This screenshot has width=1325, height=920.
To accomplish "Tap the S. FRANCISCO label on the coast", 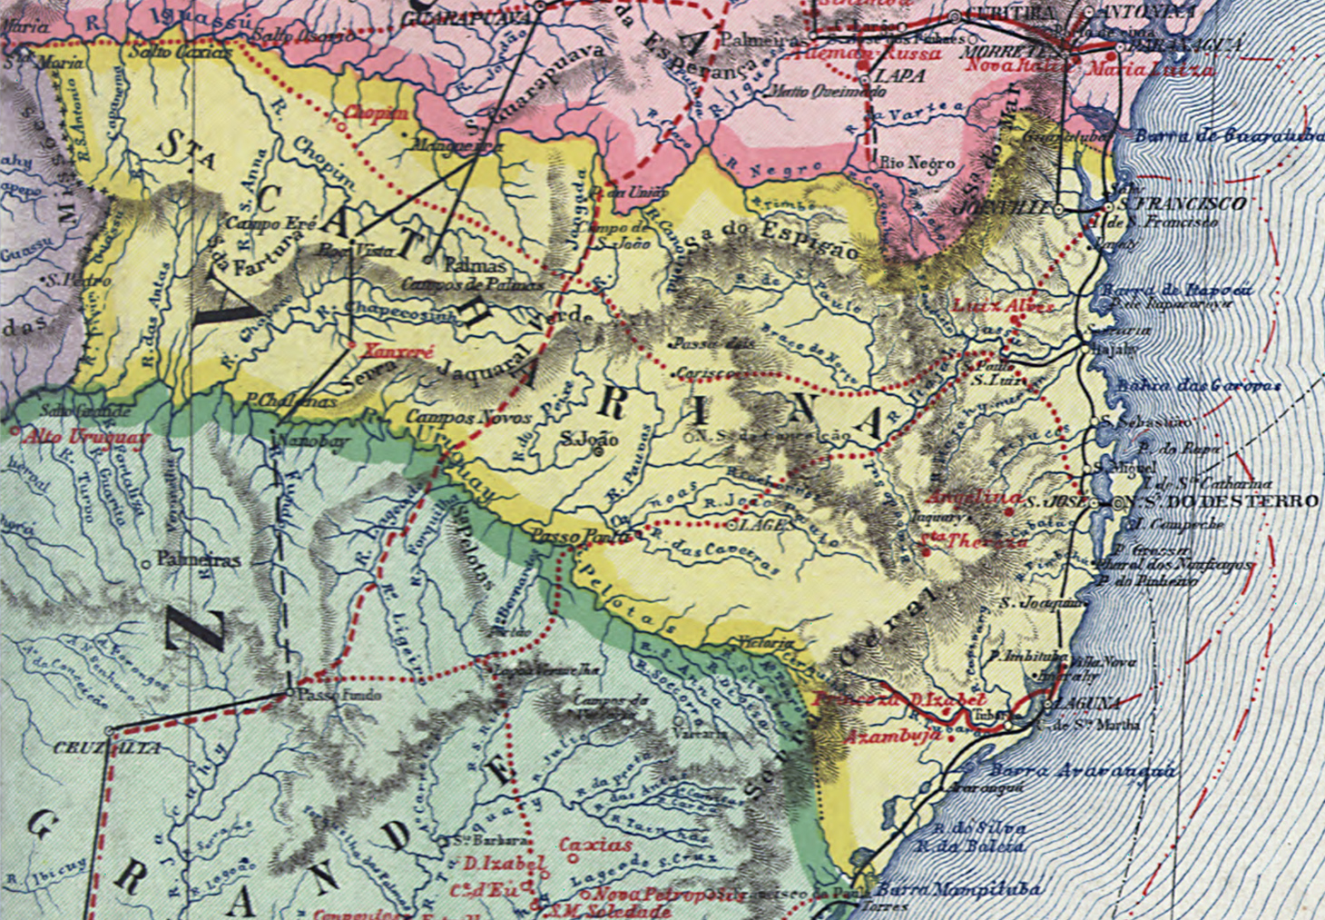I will tap(1181, 204).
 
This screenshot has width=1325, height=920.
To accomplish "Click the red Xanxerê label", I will tap(387, 351).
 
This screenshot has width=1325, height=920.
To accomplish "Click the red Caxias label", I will tap(595, 845).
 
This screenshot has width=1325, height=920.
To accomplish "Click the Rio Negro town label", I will tap(918, 163).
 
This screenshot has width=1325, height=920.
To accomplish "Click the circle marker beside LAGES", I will tap(731, 525).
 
